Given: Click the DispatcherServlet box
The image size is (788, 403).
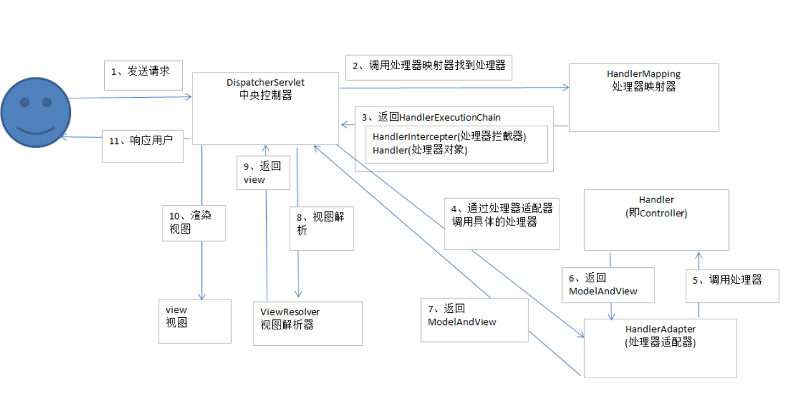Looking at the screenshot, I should (265, 108).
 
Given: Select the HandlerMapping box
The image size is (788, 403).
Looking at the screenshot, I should (643, 97).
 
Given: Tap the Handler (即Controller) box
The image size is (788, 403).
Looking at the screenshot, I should (656, 219).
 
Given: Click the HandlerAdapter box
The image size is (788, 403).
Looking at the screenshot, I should (660, 348).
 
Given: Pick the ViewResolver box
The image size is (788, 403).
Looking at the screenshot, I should (307, 323).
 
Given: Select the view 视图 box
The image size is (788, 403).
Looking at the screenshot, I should (194, 320).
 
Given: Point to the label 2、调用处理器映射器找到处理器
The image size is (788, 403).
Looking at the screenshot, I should (429, 66).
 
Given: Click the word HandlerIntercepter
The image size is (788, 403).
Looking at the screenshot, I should (415, 136).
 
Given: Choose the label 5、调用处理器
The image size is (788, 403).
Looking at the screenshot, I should (732, 280).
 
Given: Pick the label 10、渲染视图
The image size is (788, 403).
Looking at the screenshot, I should (193, 222).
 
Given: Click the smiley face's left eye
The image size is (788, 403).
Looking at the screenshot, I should (25, 102).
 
